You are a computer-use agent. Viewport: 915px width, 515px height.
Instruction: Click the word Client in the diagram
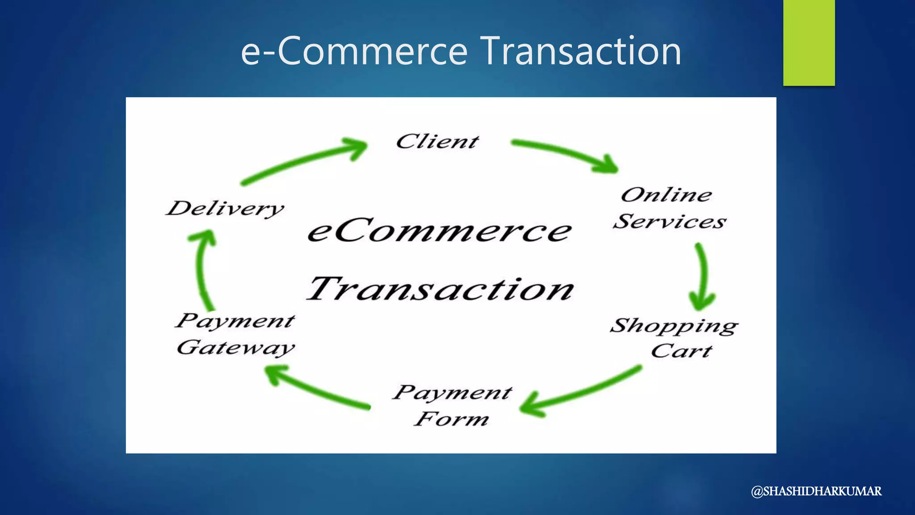pos(437,142)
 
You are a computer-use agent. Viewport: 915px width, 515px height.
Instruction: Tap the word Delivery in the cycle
pos(225,208)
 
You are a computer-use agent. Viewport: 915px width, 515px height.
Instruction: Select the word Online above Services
pos(666,195)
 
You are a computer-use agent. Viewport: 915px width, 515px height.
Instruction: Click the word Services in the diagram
pos(669,222)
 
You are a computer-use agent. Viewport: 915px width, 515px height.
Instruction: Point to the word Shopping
pos(674,326)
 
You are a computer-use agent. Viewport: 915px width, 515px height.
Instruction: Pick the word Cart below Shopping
pos(681,351)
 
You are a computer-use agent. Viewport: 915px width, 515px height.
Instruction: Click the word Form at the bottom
pos(451,419)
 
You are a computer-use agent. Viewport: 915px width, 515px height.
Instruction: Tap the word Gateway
pos(236,348)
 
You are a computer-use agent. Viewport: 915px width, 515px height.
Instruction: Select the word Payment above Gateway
pos(235,321)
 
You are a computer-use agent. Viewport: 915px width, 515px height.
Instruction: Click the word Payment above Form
pos(452,393)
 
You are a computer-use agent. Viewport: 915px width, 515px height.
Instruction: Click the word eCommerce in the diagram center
pos(440,231)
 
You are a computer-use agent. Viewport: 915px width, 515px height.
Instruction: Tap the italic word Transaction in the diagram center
pos(441,289)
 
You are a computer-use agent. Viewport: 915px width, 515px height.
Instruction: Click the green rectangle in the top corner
pos(809,42)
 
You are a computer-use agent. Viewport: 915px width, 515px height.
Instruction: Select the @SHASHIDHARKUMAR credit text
pos(816,491)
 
